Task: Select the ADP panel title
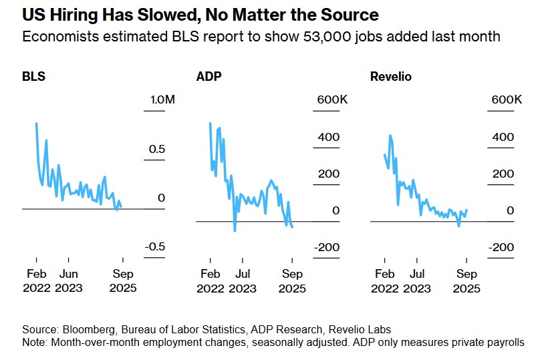click(209, 76)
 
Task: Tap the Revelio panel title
click(391, 76)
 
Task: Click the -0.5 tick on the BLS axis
click(156, 247)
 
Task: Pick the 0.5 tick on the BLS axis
click(157, 149)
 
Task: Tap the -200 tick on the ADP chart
click(327, 247)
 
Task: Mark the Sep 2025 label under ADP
click(291, 281)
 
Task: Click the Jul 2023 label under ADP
click(243, 281)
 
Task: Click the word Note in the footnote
click(35, 343)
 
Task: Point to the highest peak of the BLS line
click(36, 123)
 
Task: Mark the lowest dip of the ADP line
click(235, 231)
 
